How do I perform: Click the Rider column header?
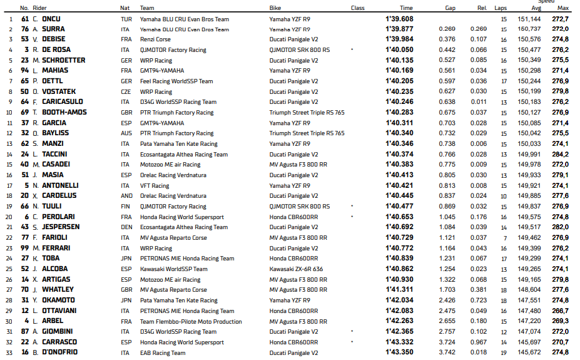39,8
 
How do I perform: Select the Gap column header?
450,8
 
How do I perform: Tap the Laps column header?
501,8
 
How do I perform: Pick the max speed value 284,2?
560,154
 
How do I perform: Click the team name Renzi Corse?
156,39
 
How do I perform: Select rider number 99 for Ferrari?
25,248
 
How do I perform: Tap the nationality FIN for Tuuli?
125,206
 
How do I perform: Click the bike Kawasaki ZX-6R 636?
297,269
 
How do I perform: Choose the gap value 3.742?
447,352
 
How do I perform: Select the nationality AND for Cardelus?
126,196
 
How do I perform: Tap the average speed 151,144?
529,19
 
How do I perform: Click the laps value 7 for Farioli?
504,238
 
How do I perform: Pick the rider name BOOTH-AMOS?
64,113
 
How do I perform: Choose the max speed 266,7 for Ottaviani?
560,311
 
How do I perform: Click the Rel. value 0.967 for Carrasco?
479,342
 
